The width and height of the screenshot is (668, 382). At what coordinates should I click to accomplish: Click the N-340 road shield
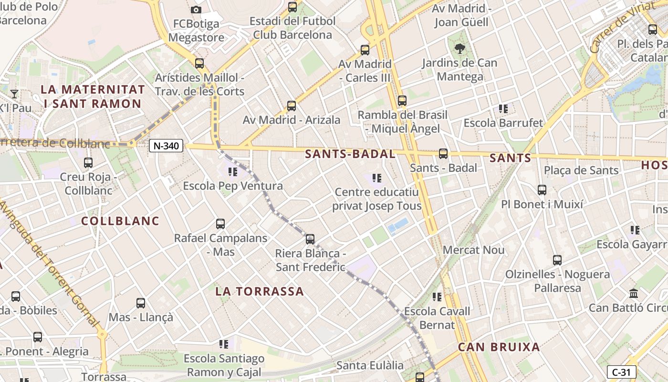(x=166, y=146)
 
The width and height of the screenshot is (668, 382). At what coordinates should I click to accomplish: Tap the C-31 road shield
(x=621, y=372)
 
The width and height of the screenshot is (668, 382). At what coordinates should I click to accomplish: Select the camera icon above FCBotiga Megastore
(x=196, y=10)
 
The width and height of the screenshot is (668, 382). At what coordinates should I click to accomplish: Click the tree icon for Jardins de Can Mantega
(x=460, y=48)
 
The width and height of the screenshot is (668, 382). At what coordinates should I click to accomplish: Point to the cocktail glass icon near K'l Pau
(x=14, y=94)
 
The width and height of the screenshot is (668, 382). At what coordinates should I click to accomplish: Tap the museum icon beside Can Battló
(x=634, y=293)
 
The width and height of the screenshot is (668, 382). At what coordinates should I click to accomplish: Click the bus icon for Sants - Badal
(x=443, y=154)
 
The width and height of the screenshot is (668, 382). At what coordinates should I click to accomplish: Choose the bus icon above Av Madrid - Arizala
(x=292, y=106)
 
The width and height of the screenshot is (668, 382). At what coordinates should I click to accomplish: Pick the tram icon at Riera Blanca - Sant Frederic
(x=310, y=239)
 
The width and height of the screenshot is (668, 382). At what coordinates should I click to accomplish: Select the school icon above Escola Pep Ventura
(x=233, y=172)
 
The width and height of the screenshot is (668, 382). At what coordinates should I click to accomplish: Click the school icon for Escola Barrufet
(x=503, y=109)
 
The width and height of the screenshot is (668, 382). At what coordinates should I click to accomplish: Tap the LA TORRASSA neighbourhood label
(x=260, y=291)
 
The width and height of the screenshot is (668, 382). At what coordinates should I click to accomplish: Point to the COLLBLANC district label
(x=120, y=221)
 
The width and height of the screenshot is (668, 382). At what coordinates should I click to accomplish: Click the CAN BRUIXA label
(x=499, y=347)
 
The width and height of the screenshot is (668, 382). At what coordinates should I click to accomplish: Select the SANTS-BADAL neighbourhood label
(x=350, y=154)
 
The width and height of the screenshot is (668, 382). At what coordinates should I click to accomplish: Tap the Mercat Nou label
(x=473, y=250)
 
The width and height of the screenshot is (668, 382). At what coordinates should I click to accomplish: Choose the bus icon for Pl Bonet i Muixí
(x=542, y=190)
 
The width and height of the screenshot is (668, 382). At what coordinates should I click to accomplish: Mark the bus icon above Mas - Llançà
(x=141, y=303)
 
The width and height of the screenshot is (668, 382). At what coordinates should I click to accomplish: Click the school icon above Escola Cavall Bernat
(x=437, y=297)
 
